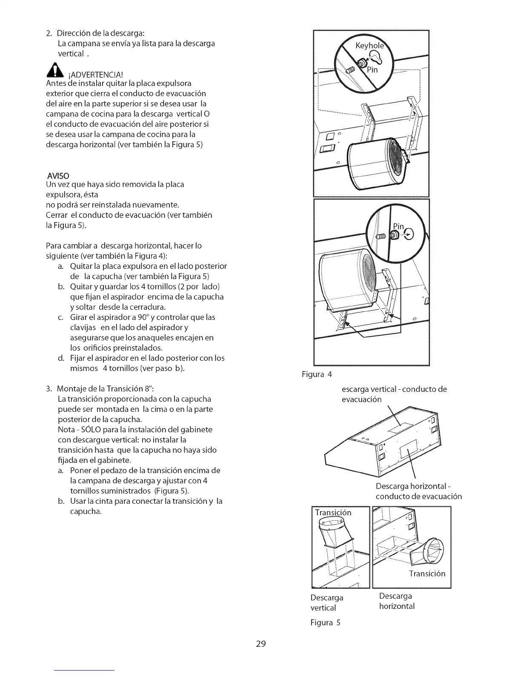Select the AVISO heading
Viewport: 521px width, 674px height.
(x=59, y=175)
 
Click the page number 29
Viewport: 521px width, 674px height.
(x=260, y=643)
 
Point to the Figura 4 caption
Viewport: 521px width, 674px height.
(x=316, y=374)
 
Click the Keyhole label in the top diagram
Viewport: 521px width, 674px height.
(x=369, y=46)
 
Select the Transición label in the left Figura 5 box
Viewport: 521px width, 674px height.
(x=333, y=512)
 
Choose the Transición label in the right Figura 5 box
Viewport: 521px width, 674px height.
(x=427, y=573)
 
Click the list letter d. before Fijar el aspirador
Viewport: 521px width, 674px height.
(x=61, y=358)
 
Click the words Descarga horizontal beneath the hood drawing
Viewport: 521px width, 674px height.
(x=410, y=486)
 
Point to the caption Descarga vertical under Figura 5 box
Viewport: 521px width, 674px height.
(x=326, y=603)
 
